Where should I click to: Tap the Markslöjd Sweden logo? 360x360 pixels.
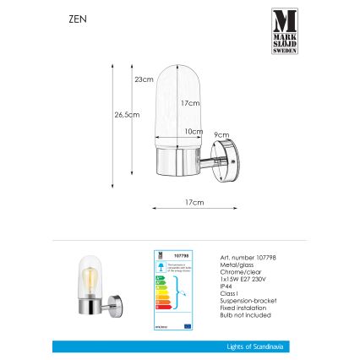tap(284, 30)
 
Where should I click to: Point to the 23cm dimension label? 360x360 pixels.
tap(145, 79)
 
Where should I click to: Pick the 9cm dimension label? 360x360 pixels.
tap(218, 134)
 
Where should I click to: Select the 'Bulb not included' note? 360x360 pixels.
tap(234, 315)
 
